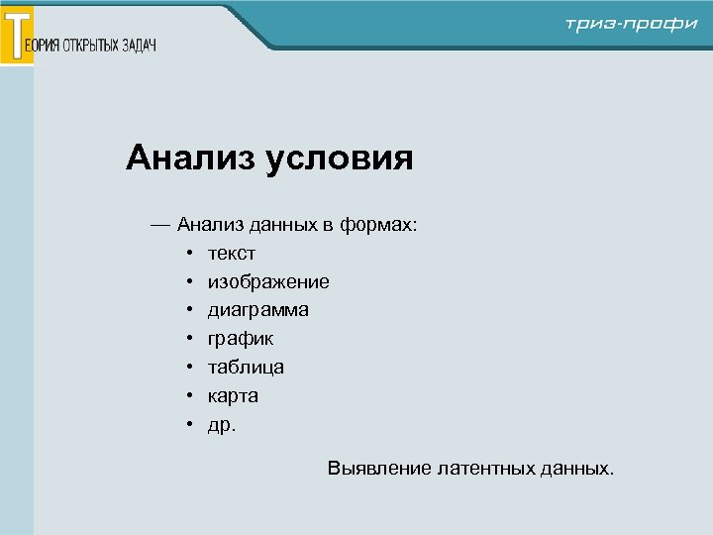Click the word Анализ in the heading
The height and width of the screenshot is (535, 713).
(189, 158)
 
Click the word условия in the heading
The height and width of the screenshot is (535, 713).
(339, 159)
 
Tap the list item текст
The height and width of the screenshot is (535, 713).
(231, 254)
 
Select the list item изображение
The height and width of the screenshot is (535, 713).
(268, 282)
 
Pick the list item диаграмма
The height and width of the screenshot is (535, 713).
(257, 310)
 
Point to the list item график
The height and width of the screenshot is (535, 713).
(241, 339)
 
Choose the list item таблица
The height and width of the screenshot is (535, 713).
(246, 367)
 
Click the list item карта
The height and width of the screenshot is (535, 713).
(233, 395)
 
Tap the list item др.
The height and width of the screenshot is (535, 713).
(222, 424)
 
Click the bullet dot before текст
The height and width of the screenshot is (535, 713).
(187, 255)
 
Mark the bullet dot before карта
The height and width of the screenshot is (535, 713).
(187, 396)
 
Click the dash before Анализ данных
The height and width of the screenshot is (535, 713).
(160, 225)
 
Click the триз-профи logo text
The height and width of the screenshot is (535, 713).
(631, 25)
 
